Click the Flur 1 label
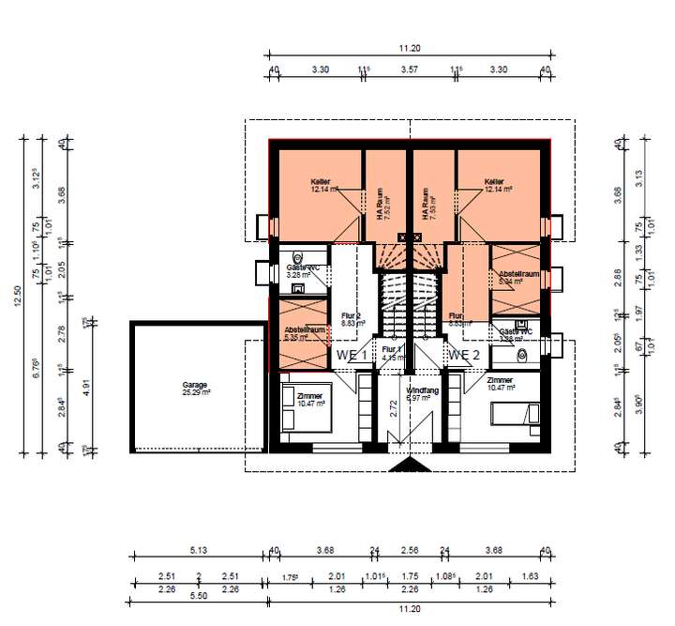click(x=392, y=348)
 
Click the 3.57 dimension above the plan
click(x=409, y=69)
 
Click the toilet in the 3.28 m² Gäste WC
click(x=298, y=258)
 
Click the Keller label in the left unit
click(x=322, y=182)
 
